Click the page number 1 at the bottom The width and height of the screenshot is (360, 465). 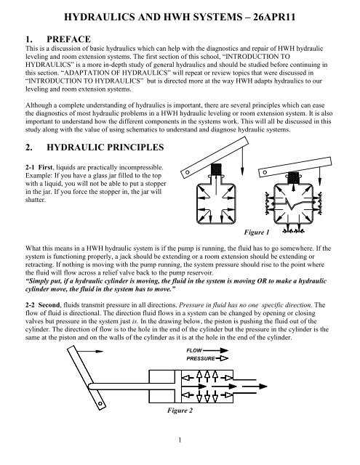click(x=180, y=458)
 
